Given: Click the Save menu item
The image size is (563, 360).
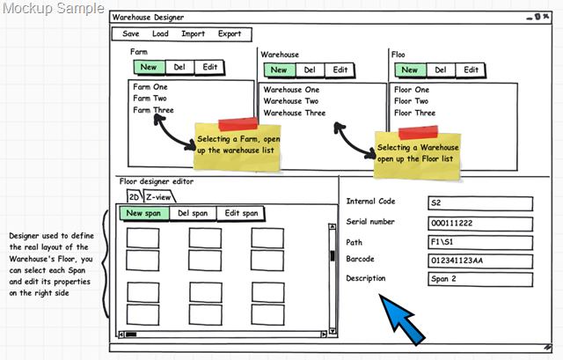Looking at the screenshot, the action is [x=131, y=33].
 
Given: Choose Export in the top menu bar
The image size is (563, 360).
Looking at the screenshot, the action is [x=230, y=33].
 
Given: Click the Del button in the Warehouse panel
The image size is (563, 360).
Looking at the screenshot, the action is [x=310, y=70].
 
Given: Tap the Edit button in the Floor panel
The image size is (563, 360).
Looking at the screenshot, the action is [x=471, y=70].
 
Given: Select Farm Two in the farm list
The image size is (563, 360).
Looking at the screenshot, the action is [x=150, y=98].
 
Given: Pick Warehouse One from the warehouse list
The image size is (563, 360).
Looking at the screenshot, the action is [x=291, y=90].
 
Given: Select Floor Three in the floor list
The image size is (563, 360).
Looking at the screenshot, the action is [x=414, y=113].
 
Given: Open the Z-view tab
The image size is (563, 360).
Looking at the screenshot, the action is [x=158, y=197].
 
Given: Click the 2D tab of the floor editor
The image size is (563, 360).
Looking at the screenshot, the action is [x=135, y=197].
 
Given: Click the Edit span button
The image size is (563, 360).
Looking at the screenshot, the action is [x=241, y=213].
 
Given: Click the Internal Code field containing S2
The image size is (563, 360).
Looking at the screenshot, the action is [x=480, y=203].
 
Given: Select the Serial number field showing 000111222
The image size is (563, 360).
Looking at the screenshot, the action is [x=480, y=224].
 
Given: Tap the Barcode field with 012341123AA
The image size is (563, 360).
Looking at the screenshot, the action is [x=480, y=261].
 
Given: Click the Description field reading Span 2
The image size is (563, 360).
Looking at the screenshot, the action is [x=480, y=279].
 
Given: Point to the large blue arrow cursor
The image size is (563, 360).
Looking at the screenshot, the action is [x=400, y=318].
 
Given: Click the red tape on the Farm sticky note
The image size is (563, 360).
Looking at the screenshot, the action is [x=238, y=123].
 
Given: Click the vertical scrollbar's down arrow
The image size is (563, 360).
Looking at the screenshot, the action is [x=333, y=331].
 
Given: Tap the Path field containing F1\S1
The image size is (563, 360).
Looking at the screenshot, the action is [x=480, y=243].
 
